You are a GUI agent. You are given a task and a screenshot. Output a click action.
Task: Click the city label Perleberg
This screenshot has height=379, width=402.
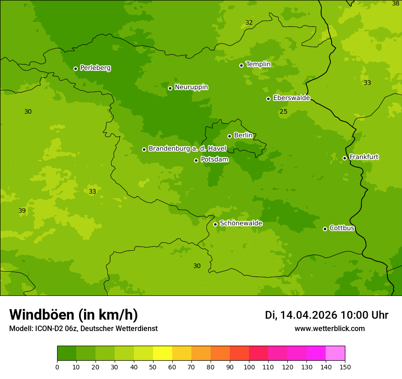point(95,68)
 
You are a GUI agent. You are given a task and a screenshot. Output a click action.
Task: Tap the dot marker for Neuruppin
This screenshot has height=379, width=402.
point(170,88)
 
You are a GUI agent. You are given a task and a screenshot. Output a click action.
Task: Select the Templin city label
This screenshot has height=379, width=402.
point(258,64)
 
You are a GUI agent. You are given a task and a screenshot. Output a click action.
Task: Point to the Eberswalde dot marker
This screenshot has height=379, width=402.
point(269,99)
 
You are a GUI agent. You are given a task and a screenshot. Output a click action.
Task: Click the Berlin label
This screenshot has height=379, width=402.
point(243,135)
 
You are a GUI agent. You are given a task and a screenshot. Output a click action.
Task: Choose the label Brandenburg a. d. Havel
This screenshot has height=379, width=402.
point(187,148)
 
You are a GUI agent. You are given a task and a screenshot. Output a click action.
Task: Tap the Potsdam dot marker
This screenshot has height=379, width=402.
point(196,160)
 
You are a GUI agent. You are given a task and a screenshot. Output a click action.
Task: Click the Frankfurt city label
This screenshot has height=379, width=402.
point(364,157)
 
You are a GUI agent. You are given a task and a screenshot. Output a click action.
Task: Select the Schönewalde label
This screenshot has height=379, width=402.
point(241,223)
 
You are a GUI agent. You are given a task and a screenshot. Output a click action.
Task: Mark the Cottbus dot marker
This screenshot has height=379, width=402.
point(325,229)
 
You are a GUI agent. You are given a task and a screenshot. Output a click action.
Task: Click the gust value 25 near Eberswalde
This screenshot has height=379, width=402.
point(284,112)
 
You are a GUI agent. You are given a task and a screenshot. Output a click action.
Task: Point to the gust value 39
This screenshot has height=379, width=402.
point(22,211)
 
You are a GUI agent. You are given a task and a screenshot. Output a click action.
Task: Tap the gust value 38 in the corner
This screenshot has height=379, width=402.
point(396,3)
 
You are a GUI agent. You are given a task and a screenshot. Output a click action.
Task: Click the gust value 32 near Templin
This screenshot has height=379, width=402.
point(249,22)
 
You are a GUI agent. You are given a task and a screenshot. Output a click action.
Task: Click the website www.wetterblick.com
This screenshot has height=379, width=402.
point(329,328)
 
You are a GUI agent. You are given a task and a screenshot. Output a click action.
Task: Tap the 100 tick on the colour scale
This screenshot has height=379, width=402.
point(249,367)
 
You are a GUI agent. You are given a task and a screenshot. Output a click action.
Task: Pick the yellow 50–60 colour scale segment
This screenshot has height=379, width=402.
point(163,353)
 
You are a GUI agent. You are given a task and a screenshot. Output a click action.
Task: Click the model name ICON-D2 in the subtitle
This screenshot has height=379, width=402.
point(50,328)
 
